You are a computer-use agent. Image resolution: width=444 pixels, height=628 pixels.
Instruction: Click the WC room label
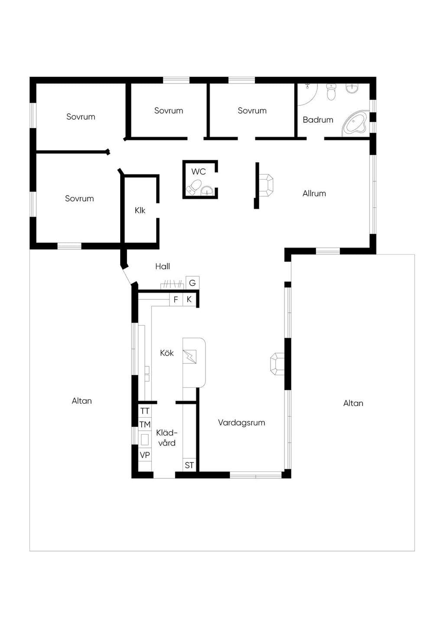tap(199, 171)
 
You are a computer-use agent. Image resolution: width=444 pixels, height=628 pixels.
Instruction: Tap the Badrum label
tap(318, 120)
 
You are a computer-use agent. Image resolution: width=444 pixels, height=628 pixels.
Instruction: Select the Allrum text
tap(314, 193)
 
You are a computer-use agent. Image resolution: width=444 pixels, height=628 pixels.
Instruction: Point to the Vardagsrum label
tap(242, 422)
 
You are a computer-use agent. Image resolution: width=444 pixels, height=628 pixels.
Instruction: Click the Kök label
tap(167, 353)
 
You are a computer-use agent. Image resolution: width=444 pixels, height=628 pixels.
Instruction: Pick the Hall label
tap(163, 266)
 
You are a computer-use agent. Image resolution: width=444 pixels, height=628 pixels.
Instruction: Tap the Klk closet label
tap(140, 210)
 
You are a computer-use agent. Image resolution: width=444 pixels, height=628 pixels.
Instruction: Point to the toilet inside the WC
tap(195, 186)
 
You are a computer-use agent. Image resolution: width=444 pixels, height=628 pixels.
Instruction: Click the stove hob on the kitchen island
tap(189, 357)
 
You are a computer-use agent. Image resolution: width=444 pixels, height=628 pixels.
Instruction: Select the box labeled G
tap(193, 283)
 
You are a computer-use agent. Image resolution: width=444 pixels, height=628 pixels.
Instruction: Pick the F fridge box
tap(176, 300)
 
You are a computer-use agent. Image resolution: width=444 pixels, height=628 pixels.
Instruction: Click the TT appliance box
tap(145, 411)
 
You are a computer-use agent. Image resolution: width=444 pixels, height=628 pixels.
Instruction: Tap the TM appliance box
tap(145, 425)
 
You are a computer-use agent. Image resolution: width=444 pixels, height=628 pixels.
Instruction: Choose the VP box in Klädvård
tap(145, 455)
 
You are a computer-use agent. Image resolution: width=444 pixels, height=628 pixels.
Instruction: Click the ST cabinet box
tap(189, 465)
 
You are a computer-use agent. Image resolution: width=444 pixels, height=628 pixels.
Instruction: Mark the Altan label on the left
tap(82, 401)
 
